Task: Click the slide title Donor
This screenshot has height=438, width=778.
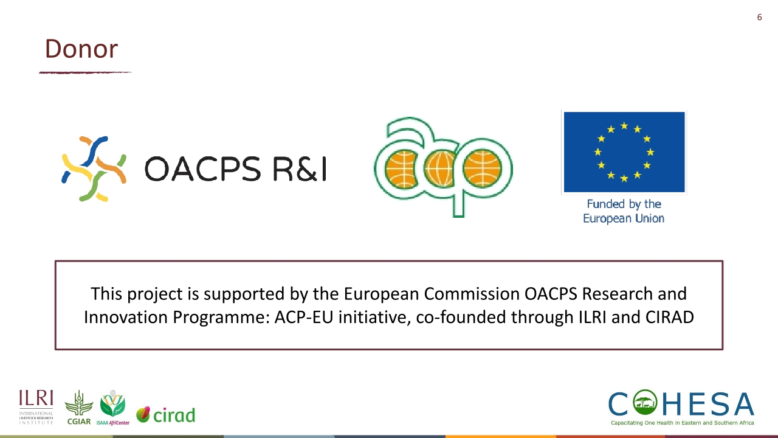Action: click(x=81, y=49)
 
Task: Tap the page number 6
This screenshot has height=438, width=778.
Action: click(x=760, y=17)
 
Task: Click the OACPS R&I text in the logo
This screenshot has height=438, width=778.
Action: click(x=236, y=169)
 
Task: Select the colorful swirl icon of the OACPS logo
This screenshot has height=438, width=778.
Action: click(x=94, y=169)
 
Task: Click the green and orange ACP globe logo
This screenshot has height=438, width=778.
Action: click(x=444, y=167)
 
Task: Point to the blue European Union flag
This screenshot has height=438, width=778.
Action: click(x=624, y=152)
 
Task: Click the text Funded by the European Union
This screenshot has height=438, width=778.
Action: click(x=624, y=211)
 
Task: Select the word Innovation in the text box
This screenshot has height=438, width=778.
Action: click(x=126, y=317)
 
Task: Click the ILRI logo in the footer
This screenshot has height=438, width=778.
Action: click(x=36, y=407)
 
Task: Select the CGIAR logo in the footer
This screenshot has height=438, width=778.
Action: click(x=79, y=408)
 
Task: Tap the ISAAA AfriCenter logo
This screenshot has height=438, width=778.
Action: click(x=113, y=408)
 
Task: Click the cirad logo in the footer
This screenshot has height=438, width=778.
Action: click(x=166, y=415)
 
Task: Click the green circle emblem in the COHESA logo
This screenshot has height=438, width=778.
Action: click(x=645, y=402)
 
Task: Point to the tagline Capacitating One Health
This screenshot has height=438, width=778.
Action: click(x=683, y=423)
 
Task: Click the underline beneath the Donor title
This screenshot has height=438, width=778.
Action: click(x=85, y=72)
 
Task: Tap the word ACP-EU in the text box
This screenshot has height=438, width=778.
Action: click(x=304, y=317)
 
